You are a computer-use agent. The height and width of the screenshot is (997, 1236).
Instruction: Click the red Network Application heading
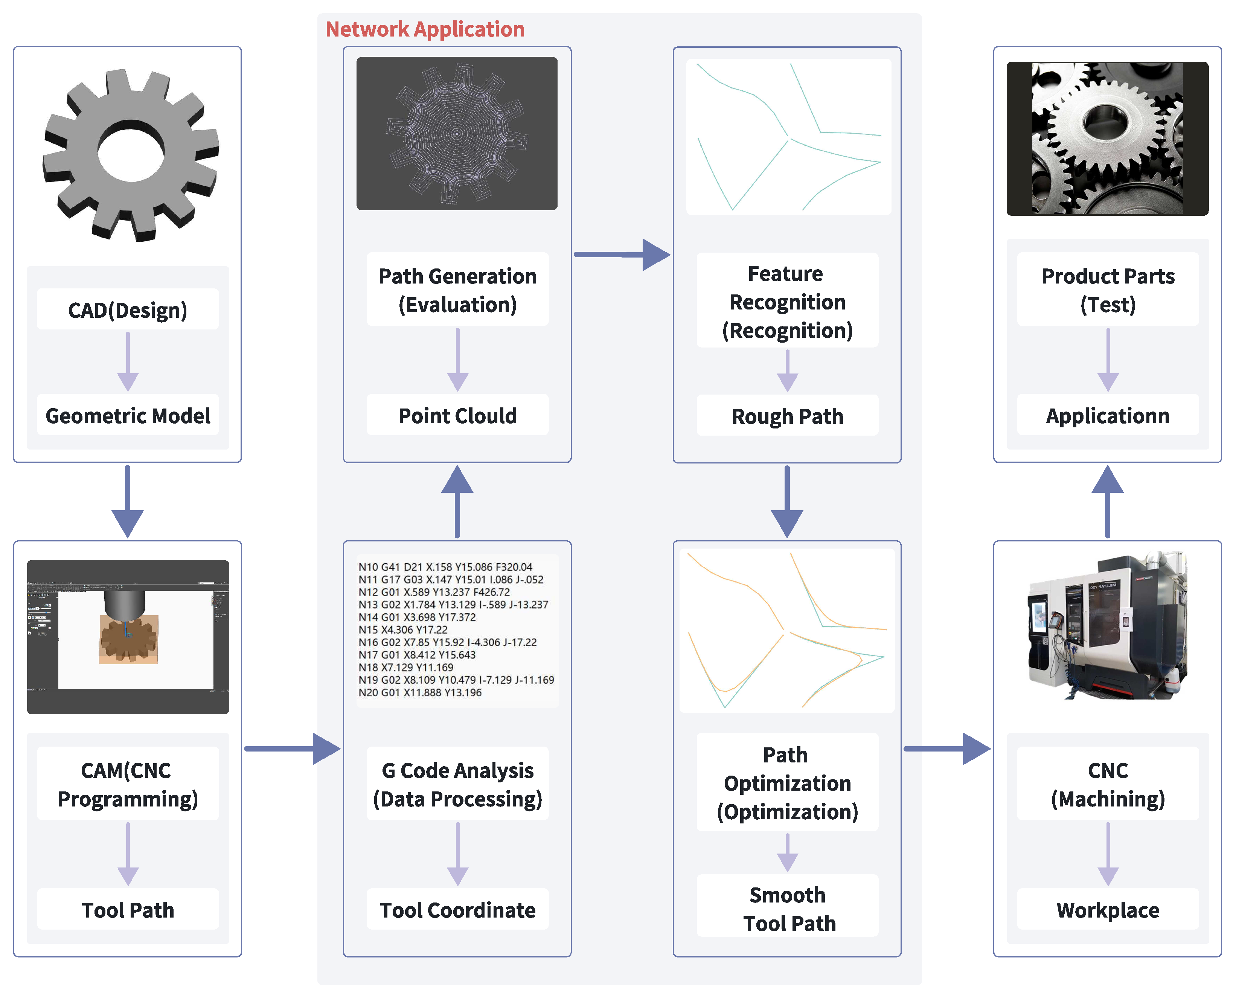click(425, 29)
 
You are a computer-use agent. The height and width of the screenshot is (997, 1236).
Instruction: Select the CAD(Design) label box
click(128, 310)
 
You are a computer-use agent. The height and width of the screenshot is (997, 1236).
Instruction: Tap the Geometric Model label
click(128, 416)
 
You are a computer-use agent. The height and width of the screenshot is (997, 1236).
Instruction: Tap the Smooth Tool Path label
click(788, 909)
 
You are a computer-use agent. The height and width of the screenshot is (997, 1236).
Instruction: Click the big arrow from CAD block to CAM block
click(128, 503)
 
